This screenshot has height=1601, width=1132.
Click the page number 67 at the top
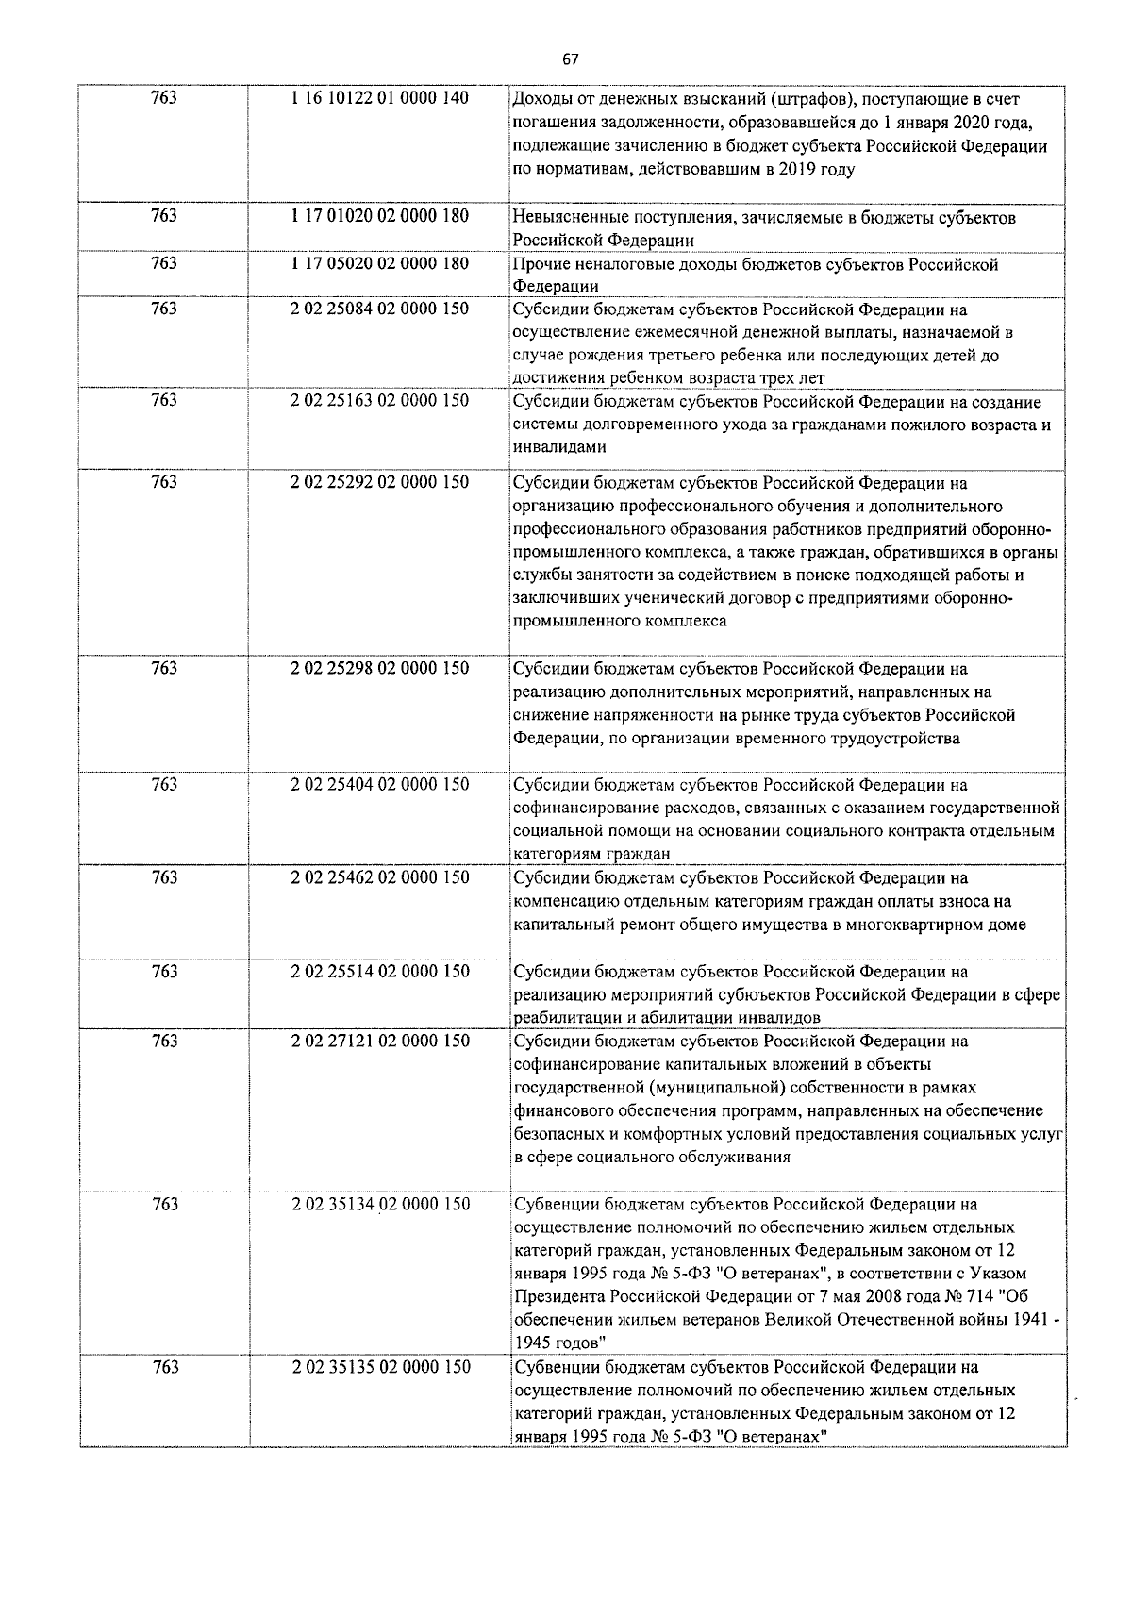click(570, 59)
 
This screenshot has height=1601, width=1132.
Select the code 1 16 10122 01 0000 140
click(380, 98)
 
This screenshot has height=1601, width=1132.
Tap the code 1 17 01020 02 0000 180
click(380, 216)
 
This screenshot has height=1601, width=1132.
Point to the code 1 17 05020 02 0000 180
click(380, 263)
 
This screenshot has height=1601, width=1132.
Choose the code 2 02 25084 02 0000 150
click(380, 309)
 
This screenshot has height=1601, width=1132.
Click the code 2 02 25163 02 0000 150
click(380, 400)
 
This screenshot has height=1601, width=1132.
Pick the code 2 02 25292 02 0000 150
click(380, 482)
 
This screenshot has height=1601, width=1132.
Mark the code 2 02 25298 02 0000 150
click(380, 669)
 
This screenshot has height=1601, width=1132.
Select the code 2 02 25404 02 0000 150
click(380, 785)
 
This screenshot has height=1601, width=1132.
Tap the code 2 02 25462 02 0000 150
click(380, 877)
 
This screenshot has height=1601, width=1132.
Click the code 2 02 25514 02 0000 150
click(380, 971)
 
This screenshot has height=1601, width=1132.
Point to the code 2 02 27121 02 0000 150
click(380, 1041)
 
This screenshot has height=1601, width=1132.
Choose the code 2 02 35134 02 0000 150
click(380, 1204)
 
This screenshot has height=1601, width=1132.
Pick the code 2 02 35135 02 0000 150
click(380, 1367)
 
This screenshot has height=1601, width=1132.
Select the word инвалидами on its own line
click(559, 447)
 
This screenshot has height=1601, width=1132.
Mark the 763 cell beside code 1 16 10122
click(164, 98)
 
